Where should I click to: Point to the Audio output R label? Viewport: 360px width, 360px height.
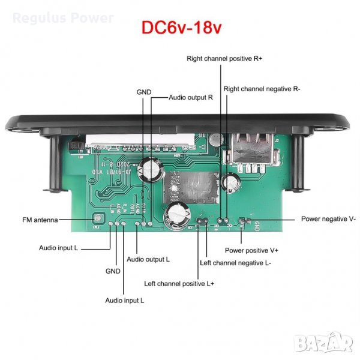point(191,97)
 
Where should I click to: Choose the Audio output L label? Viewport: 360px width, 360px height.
point(148,259)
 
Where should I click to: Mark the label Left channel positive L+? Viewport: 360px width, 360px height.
point(179,283)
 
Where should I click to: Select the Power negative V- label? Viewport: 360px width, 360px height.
point(328,219)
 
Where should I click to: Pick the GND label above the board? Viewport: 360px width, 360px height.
point(144,92)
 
